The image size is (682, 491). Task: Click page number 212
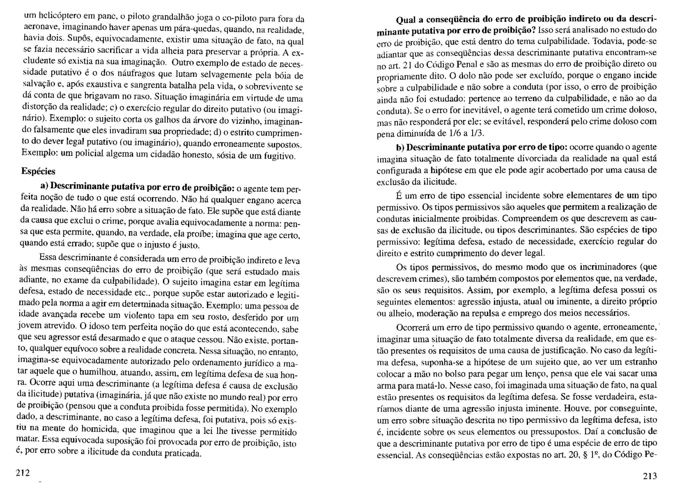point(23,473)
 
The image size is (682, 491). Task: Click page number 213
point(650,476)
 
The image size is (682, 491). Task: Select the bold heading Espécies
point(38,171)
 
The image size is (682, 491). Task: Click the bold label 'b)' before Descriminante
point(400,147)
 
